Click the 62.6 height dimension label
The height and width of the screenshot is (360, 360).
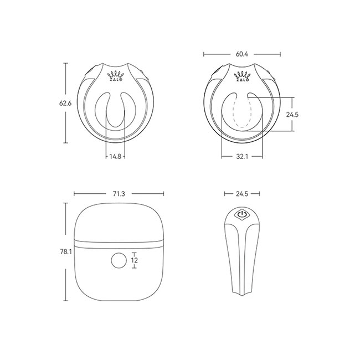[65, 104]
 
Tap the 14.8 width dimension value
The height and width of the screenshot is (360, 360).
[115, 157]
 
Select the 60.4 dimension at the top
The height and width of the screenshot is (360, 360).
[242, 54]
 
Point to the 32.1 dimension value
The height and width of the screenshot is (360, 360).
[242, 157]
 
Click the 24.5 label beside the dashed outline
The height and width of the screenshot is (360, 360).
[292, 115]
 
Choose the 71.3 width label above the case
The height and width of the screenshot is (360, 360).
[119, 194]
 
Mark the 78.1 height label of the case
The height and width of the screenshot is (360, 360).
[66, 252]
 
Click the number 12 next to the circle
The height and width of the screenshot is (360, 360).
[135, 260]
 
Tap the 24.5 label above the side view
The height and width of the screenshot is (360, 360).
[242, 194]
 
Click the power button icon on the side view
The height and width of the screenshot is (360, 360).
[242, 214]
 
